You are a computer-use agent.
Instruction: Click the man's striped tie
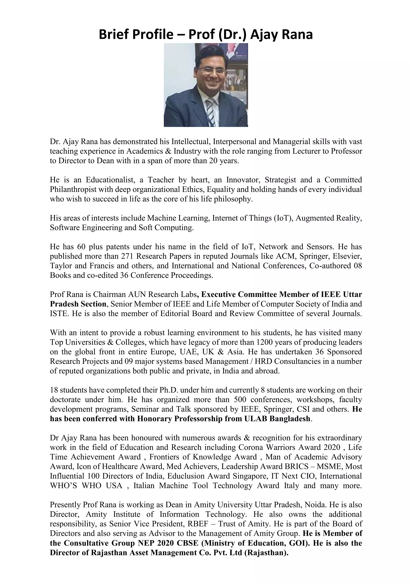click(211, 112)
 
